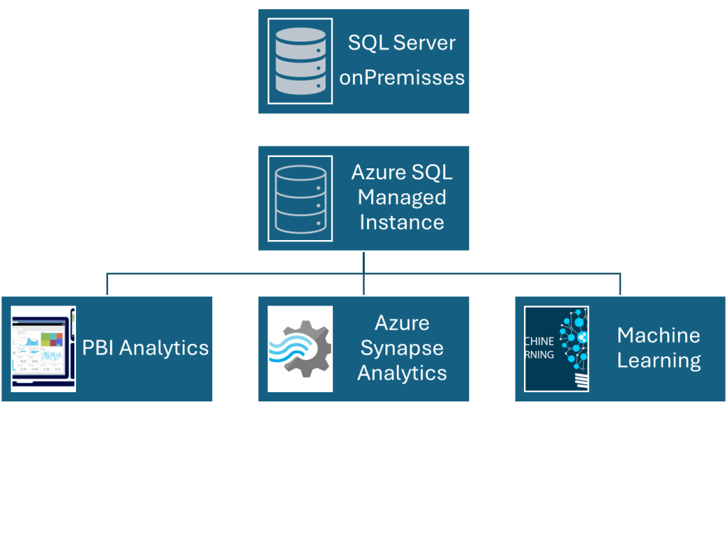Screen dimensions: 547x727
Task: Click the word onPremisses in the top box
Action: coord(402,77)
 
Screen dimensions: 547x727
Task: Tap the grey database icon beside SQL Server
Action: coord(300,61)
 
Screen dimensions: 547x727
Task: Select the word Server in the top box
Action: coord(424,43)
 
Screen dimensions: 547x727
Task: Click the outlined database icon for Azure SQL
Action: coord(300,198)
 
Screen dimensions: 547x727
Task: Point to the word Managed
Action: coord(402,197)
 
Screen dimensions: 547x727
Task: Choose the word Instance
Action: coord(402,222)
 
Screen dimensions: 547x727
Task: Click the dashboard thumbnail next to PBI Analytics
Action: coord(43,349)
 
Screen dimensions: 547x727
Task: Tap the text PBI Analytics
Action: coord(146,348)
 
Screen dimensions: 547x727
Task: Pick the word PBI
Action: coord(98,348)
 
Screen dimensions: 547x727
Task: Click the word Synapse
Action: coord(402,348)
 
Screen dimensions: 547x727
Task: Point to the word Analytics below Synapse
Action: coord(402,373)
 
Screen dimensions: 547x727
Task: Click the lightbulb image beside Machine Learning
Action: coord(557,349)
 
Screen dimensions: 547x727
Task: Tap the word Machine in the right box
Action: coord(658,335)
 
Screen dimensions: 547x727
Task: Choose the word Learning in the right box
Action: coord(658,360)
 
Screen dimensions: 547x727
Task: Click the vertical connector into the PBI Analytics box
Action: coord(107,284)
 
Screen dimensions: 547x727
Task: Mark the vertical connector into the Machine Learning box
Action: coord(620,284)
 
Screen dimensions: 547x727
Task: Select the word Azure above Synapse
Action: coord(402,323)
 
